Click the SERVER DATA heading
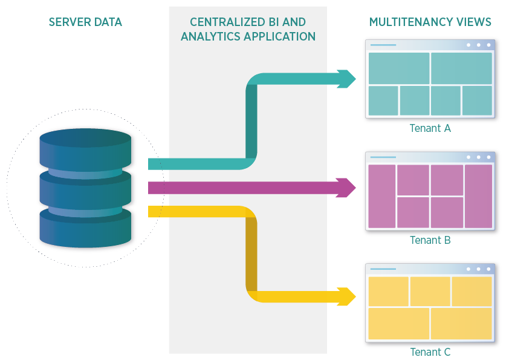(x=85, y=22)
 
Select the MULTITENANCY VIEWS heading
(x=430, y=22)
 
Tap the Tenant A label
(x=430, y=128)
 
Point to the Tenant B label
(x=430, y=240)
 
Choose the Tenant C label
(x=430, y=352)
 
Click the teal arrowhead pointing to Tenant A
(x=347, y=79)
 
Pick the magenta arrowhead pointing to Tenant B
(x=347, y=188)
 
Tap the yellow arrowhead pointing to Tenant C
(x=347, y=296)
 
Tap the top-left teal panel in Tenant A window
(x=398, y=68)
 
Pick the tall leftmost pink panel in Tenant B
(x=381, y=196)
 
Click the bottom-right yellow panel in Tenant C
(x=461, y=323)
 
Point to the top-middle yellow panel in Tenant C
(x=430, y=291)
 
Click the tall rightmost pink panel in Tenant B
(x=478, y=196)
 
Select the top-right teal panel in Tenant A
(x=461, y=68)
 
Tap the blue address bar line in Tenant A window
(x=383, y=45)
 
